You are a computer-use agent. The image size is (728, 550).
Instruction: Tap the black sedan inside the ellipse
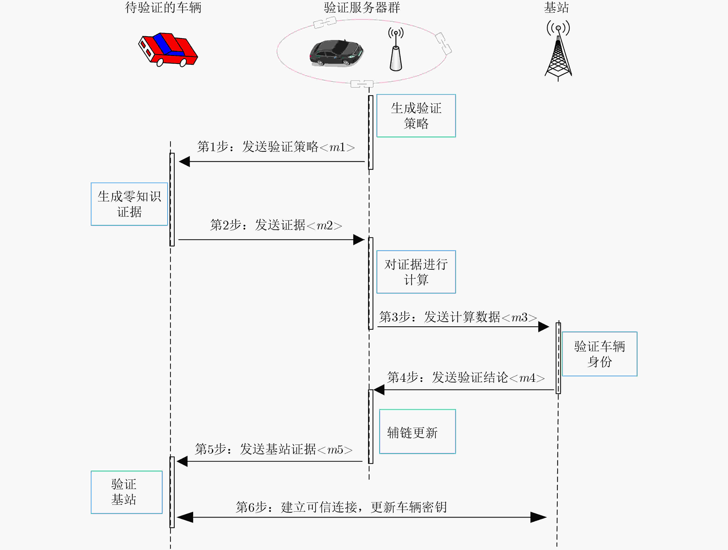(x=336, y=53)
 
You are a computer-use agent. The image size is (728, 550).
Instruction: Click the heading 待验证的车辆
(x=163, y=8)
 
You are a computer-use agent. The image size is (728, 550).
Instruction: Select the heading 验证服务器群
(x=362, y=8)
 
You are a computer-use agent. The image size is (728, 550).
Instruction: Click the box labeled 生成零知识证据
(x=129, y=204)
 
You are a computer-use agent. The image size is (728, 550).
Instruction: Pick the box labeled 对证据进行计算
(x=416, y=272)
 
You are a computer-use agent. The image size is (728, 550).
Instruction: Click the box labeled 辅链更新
(x=417, y=432)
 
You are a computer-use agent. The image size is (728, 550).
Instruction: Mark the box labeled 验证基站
(x=127, y=492)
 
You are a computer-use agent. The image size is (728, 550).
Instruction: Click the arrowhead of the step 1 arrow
(x=184, y=161)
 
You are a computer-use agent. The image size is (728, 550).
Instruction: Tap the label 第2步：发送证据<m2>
(x=276, y=225)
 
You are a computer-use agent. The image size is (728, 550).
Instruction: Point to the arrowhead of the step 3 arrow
(x=544, y=327)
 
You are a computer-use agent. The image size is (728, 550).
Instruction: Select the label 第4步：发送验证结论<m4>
(x=466, y=377)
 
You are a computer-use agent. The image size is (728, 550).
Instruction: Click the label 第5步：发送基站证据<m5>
(x=273, y=449)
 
